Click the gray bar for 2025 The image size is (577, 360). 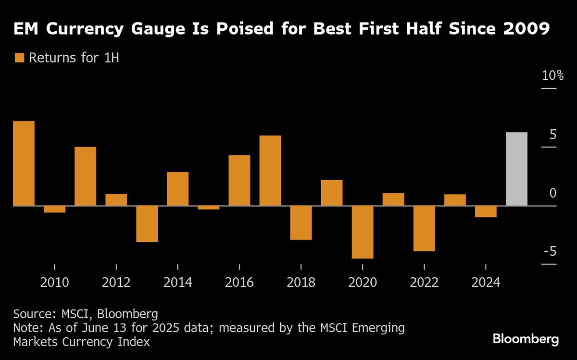pyautogui.click(x=516, y=169)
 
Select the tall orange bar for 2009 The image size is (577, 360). pyautogui.click(x=24, y=163)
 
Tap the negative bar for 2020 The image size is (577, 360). pyautogui.click(x=363, y=232)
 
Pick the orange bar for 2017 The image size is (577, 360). pyautogui.click(x=270, y=171)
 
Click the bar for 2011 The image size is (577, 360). pyautogui.click(x=86, y=176)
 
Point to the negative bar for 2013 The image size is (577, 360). pyautogui.click(x=147, y=223)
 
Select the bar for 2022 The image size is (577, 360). pyautogui.click(x=424, y=228)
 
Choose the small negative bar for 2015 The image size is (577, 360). pyautogui.click(x=209, y=208)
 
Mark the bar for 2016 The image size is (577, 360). pyautogui.click(x=239, y=180)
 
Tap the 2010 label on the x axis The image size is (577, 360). pyautogui.click(x=55, y=282)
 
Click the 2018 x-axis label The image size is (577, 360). pyautogui.click(x=301, y=282)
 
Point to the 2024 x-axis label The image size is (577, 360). pyautogui.click(x=486, y=282)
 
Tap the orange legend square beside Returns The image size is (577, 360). pyautogui.click(x=19, y=58)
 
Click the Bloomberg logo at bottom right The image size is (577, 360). pyautogui.click(x=526, y=339)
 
